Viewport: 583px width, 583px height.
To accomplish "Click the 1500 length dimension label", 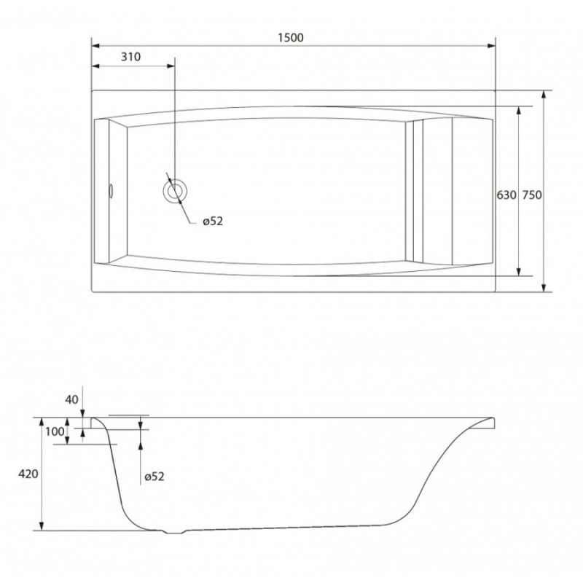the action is tap(291, 38).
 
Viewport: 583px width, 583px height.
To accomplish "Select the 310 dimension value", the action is tap(131, 57).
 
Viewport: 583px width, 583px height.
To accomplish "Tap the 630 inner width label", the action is tap(506, 195).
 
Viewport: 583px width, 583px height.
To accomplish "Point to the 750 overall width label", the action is tap(532, 195).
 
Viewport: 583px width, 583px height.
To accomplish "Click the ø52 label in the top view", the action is tap(213, 222).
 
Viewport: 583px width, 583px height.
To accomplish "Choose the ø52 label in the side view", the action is tap(154, 477).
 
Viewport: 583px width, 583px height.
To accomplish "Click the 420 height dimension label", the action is tap(28, 474).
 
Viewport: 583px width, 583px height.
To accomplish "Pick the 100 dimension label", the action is tap(55, 431).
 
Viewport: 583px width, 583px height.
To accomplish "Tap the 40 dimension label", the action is tap(71, 399).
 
